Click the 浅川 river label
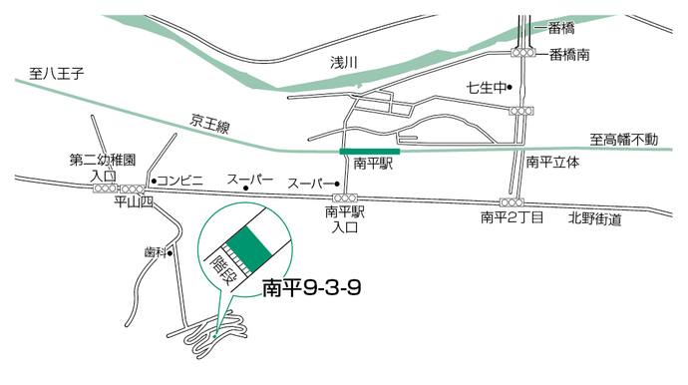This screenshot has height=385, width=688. (x=343, y=62)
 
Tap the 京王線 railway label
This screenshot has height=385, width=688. (x=210, y=126)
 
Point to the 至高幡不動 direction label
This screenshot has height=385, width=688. (x=623, y=140)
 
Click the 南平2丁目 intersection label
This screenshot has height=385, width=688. (x=512, y=216)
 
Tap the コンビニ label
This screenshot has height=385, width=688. (x=182, y=180)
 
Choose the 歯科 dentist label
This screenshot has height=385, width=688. (x=155, y=252)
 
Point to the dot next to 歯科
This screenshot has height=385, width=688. (x=171, y=252)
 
